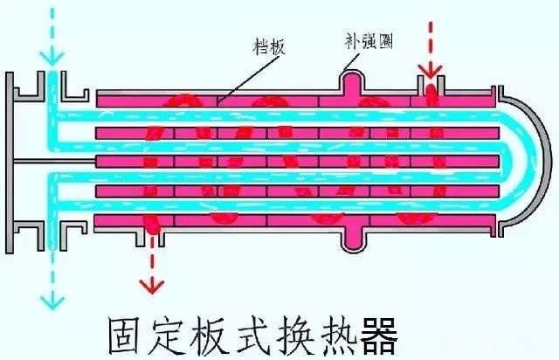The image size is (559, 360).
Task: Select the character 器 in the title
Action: click(x=376, y=336)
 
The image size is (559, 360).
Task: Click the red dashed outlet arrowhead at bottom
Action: click(x=155, y=286)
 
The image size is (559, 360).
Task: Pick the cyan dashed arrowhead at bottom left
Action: click(x=52, y=301)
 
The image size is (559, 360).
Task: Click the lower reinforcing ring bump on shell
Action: click(x=352, y=236)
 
